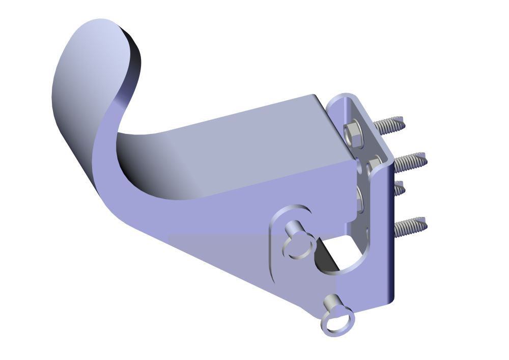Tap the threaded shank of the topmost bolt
(390, 124)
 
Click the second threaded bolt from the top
(410, 161)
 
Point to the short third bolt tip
(399, 188)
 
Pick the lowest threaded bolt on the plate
(410, 226)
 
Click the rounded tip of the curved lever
(97, 31)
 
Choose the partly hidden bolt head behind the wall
(359, 199)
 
